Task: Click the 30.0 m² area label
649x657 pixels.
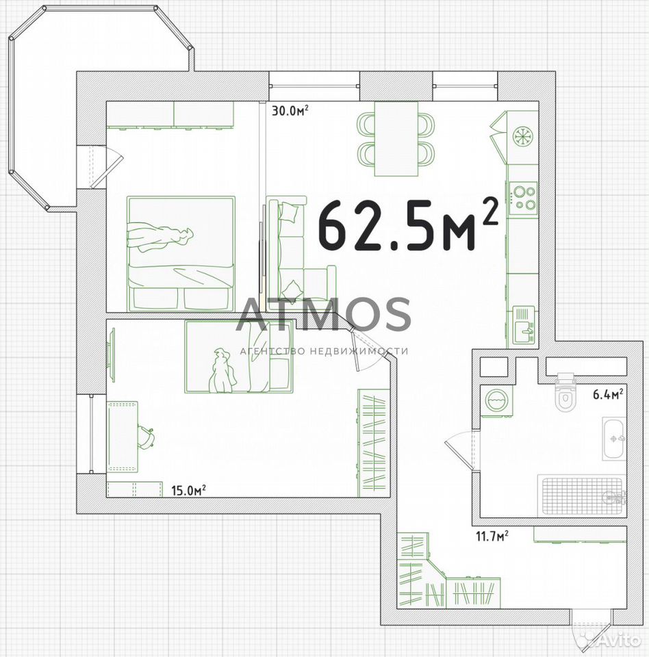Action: click(290, 111)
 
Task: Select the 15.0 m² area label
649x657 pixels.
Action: click(188, 490)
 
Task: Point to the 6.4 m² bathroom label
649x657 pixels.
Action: click(607, 394)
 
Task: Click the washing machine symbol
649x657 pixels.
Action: click(496, 401)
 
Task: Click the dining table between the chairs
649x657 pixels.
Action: click(396, 139)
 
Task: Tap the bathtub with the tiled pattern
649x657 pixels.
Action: click(582, 496)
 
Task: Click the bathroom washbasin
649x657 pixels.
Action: click(614, 439)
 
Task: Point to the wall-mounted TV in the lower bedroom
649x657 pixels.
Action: click(112, 355)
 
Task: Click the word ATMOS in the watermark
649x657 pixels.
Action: click(323, 314)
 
